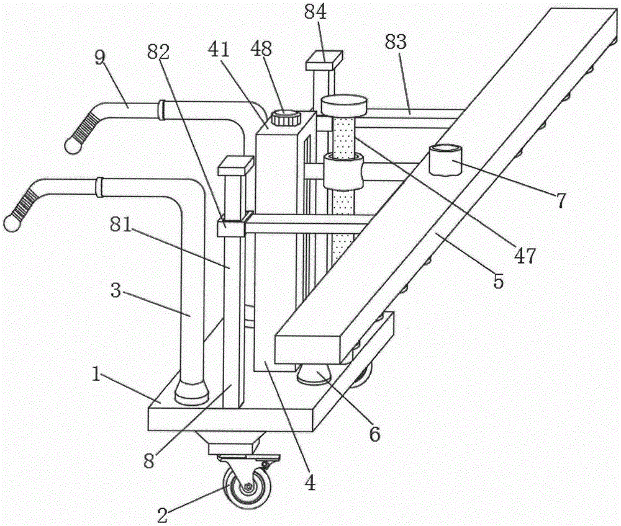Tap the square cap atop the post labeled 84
[x=324, y=60]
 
